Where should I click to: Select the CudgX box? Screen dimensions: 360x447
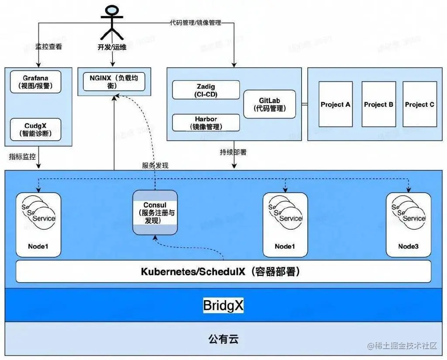point(36,130)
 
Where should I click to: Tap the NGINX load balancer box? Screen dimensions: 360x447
point(113,82)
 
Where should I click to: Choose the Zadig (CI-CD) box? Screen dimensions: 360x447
point(206,90)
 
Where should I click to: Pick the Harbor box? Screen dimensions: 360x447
point(206,122)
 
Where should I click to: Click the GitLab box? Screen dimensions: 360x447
point(269,104)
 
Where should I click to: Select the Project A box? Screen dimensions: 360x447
point(335,104)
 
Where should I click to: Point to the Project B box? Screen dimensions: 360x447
point(378,104)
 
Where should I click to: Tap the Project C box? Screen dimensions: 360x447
point(419,104)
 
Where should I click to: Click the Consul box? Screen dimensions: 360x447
point(155,212)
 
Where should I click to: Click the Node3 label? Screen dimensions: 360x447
point(408,246)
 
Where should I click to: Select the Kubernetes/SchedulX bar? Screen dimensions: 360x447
point(223,272)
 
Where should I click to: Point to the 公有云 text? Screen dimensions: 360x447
point(223,339)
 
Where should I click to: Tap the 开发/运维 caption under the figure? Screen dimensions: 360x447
point(112,47)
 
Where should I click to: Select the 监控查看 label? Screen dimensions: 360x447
point(48,46)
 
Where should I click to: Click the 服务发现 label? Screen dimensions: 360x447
point(155,165)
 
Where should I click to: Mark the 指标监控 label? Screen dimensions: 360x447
point(22,156)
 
